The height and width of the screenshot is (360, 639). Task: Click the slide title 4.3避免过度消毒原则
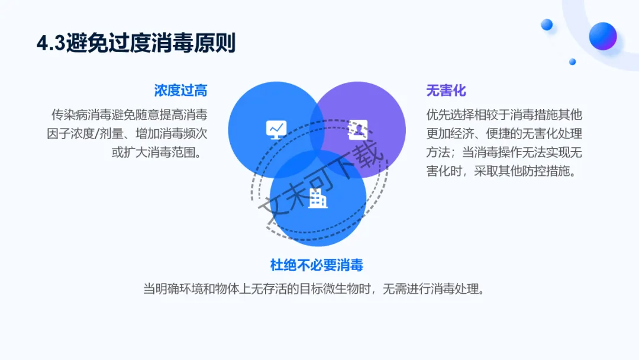(136, 44)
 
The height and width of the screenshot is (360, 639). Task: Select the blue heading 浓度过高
(180, 91)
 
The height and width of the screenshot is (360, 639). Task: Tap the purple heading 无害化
(446, 91)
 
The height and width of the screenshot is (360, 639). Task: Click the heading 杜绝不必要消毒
(317, 265)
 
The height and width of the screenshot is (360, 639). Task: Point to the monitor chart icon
(276, 128)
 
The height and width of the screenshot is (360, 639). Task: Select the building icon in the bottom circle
(318, 198)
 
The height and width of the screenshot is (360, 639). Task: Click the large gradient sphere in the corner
(603, 36)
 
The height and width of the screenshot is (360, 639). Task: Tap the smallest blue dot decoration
(572, 62)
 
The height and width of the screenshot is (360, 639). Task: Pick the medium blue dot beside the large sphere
(547, 24)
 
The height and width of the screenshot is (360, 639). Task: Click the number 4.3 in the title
(51, 44)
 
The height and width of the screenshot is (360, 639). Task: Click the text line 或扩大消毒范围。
(159, 152)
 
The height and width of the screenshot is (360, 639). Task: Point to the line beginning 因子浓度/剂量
(127, 133)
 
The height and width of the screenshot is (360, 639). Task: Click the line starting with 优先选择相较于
(504, 114)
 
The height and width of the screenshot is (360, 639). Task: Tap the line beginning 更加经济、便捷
(504, 133)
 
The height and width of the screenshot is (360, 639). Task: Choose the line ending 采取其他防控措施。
(504, 171)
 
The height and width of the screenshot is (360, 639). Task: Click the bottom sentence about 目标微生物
(314, 290)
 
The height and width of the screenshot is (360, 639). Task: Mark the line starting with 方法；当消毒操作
(504, 152)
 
